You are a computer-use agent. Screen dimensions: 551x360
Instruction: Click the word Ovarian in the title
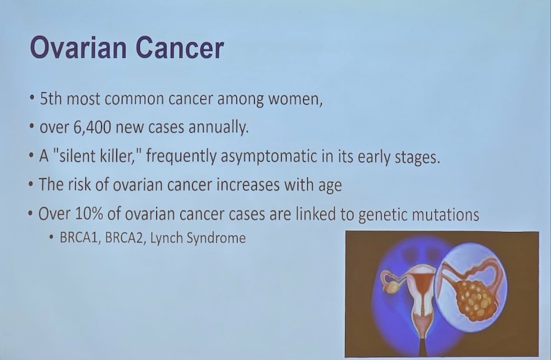point(78,47)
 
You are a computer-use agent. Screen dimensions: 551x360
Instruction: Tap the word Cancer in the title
point(180,47)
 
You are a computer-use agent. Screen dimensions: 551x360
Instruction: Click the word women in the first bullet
point(295,99)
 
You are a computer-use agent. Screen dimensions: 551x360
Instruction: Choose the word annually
point(218,127)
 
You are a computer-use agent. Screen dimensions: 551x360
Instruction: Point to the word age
point(330,186)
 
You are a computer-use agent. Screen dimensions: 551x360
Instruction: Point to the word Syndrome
point(216,238)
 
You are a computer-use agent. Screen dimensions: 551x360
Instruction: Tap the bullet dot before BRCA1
point(52,237)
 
